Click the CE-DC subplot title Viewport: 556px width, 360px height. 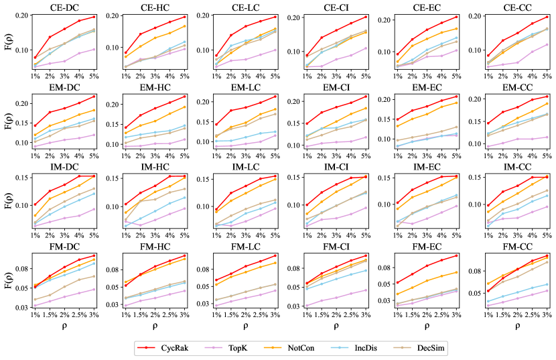[x=64, y=7]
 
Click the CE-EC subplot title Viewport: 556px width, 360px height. [x=424, y=7]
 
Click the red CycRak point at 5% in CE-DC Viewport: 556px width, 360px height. [x=93, y=17]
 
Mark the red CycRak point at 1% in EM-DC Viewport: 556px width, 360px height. [x=35, y=125]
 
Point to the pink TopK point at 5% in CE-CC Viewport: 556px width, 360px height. [x=546, y=45]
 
